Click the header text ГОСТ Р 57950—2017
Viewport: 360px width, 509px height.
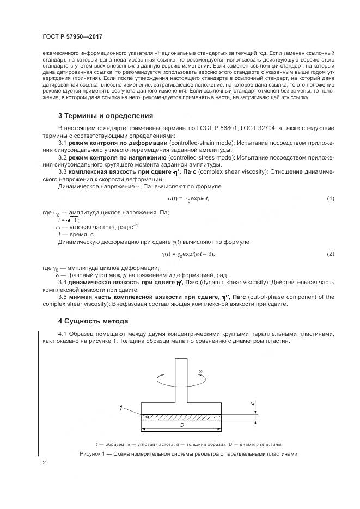coord(72,36)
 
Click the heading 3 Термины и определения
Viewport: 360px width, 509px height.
coord(105,116)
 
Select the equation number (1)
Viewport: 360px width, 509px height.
coord(330,198)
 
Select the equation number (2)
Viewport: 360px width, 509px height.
coord(330,254)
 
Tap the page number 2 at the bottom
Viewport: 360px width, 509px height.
coord(44,463)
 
